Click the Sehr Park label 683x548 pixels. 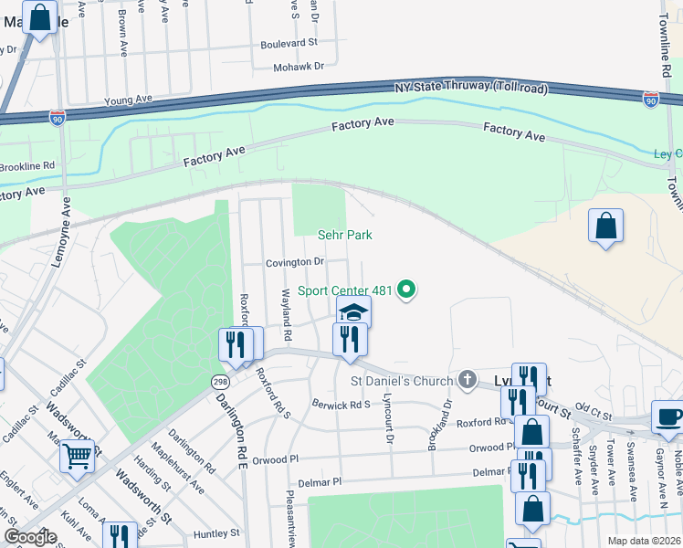pos(344,235)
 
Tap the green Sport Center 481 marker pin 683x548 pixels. pos(407,291)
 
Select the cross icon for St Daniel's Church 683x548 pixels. pos(468,380)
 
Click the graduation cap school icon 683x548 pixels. pos(353,313)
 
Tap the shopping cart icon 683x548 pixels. pos(78,454)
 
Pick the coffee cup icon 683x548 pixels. pos(667,416)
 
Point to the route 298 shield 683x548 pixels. pos(222,379)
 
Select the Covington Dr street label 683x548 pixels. pos(295,262)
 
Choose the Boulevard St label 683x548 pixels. pos(289,43)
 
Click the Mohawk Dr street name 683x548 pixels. pos(299,67)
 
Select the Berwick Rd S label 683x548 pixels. pos(341,404)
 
